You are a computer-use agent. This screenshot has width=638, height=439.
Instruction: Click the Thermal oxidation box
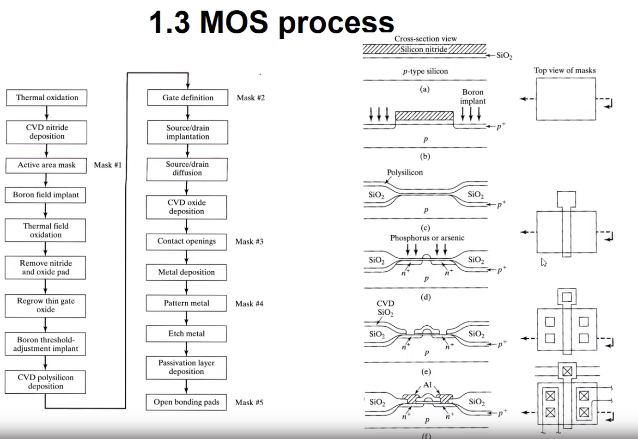(47, 98)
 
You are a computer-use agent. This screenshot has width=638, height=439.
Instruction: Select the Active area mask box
(46, 165)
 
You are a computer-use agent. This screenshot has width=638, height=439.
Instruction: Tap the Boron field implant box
(46, 195)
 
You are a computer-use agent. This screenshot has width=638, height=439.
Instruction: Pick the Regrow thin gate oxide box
(45, 305)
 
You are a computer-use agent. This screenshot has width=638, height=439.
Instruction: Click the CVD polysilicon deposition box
(45, 382)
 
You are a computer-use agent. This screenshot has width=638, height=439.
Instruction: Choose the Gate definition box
(188, 98)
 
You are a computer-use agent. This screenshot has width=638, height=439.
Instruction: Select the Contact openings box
(186, 241)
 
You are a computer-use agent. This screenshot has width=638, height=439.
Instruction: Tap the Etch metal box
(186, 333)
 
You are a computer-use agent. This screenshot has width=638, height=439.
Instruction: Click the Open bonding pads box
(186, 402)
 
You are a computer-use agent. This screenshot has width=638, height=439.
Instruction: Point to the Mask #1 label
(108, 165)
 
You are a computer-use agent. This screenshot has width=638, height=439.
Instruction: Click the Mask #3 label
(249, 242)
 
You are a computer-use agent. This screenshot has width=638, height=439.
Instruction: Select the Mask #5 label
(249, 402)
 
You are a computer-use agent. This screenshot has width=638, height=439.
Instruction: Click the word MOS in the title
(234, 22)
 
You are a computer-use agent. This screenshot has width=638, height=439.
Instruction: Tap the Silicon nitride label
(424, 49)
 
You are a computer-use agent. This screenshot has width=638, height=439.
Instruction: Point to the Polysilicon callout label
(405, 172)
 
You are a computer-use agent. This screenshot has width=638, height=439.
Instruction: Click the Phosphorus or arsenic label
(427, 238)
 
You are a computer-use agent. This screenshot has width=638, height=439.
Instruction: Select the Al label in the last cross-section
(427, 385)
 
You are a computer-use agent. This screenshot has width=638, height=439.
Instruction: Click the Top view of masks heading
(565, 70)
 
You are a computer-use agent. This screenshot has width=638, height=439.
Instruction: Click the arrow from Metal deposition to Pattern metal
(186, 288)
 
